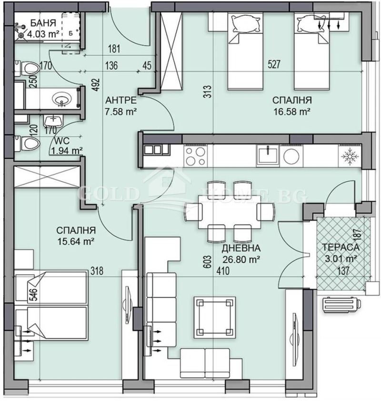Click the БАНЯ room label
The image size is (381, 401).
[x=43, y=23]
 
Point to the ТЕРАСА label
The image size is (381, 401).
[x=340, y=247]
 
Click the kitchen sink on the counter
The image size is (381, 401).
[x=268, y=154]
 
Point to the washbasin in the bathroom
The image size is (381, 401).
[x=62, y=101]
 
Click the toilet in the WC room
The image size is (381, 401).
[x=28, y=143]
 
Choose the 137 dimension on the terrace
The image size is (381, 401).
[x=343, y=271]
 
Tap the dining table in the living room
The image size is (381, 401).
[x=227, y=210]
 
